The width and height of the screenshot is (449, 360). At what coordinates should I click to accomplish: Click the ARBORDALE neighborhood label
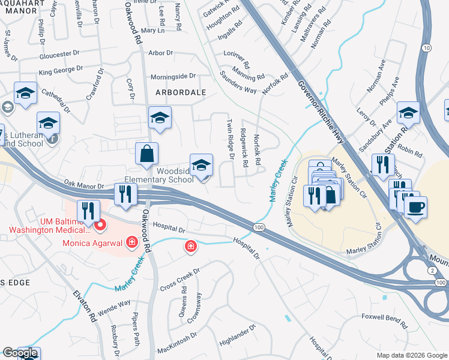(x=181, y=92)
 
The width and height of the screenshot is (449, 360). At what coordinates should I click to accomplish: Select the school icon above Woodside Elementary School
(x=201, y=165)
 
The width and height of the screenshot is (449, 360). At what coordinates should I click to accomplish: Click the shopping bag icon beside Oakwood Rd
(x=146, y=154)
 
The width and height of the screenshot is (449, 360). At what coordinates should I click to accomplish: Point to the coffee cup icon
(x=415, y=208)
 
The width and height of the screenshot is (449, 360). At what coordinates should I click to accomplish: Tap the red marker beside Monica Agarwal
(x=131, y=243)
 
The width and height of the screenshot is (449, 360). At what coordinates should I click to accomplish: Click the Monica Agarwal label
(x=93, y=244)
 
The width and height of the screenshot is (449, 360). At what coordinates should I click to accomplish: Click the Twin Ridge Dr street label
(x=230, y=139)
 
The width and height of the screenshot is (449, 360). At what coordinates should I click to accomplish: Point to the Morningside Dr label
(x=173, y=76)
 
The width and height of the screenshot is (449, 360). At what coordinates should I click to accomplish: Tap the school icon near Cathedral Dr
(x=26, y=94)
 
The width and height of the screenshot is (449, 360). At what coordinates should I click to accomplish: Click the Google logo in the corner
(x=19, y=353)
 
